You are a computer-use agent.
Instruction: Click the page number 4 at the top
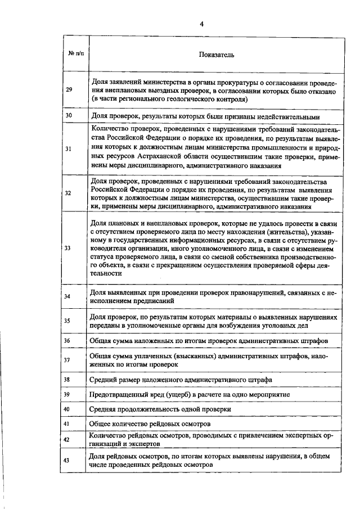pos(201,24)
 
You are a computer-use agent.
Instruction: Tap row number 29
pos(69,90)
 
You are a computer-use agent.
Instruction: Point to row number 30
pos(69,116)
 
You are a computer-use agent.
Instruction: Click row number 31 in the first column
pos(69,149)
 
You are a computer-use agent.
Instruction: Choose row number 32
pos(69,193)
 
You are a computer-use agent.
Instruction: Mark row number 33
pos(69,248)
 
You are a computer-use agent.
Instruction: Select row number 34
pos(69,296)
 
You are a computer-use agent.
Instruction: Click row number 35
pos(69,321)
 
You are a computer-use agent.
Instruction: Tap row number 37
pos(69,360)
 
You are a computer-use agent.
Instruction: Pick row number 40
pos(69,409)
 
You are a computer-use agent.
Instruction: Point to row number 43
pos(69,460)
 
